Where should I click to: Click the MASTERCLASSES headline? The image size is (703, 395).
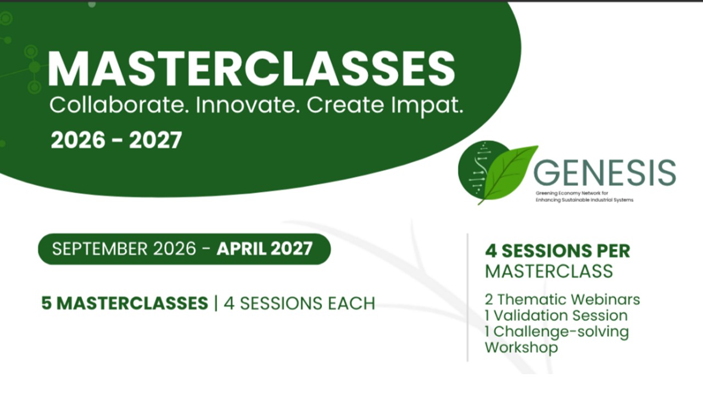pos(251,69)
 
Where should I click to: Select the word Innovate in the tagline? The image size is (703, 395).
pos(247,105)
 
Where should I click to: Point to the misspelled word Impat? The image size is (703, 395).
pos(427,106)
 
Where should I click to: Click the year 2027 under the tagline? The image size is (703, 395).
pos(155,140)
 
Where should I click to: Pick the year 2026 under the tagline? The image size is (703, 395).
pos(78,140)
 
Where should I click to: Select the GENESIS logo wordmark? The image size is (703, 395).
pos(605,173)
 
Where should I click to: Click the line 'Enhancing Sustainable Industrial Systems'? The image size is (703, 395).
pos(584,200)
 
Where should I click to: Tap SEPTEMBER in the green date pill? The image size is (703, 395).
pos(100,249)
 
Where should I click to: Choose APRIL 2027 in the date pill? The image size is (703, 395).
pos(265,249)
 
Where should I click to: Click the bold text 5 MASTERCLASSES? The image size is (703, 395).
pos(125,303)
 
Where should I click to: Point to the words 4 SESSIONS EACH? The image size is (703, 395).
pos(299,303)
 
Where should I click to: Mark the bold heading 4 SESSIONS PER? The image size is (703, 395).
pos(557,251)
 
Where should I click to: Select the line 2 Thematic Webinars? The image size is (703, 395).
pos(562,300)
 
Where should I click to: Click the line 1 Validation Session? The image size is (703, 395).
pos(556,315)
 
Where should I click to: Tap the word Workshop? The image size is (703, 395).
pos(521,347)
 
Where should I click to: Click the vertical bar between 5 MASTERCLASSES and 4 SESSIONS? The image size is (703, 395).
pos(216,303)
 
